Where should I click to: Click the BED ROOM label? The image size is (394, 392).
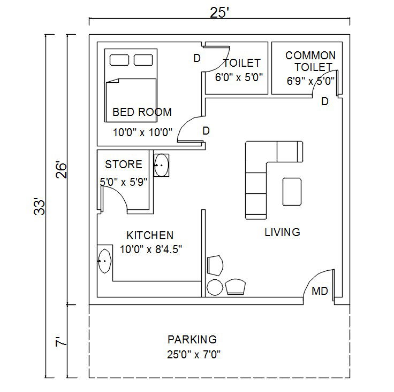coord(142,112)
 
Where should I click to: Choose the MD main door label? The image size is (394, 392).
coord(320,292)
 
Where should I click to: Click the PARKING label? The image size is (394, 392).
coord(192,340)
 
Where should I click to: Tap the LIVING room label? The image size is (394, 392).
coord(282,232)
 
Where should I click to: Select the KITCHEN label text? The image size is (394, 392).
coord(149,236)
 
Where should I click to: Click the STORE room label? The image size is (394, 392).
coord(124,164)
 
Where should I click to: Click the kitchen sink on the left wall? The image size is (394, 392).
coord(104,261)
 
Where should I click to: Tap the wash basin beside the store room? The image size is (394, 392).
coord(161,165)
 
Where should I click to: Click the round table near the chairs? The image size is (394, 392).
coord(215,287)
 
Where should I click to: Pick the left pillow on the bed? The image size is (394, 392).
coord(118,59)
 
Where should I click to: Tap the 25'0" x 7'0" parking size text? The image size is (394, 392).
coord(194,354)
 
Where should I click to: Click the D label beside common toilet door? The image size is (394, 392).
coord(324,101)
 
